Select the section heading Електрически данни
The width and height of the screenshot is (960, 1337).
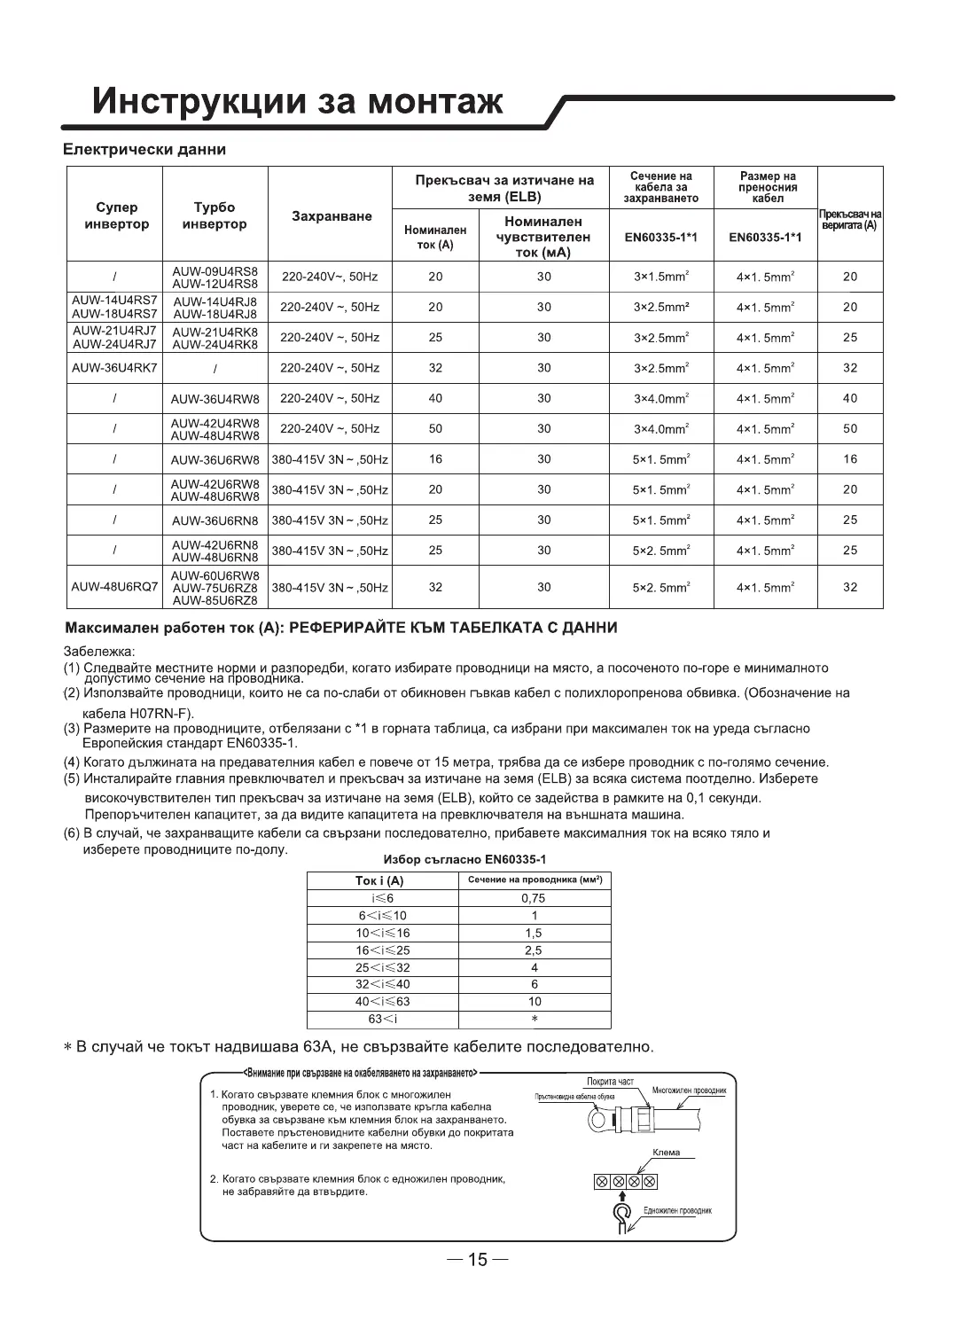(145, 150)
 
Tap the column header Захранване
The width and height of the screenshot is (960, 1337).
(331, 215)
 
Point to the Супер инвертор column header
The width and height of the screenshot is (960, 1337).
(116, 215)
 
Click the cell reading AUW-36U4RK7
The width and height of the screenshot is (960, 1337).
(114, 367)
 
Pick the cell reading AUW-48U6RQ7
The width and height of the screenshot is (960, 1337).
(114, 587)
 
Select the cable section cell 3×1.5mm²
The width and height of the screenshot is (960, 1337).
(661, 277)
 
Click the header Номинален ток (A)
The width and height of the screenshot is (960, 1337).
(435, 237)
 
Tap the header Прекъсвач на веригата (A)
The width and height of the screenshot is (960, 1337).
(849, 220)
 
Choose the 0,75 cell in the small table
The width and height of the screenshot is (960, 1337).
(534, 898)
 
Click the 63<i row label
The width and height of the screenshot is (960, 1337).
(383, 1019)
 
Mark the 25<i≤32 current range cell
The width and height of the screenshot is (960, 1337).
(383, 967)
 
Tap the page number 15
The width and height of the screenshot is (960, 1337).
(478, 1259)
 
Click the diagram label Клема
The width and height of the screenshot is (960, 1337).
(666, 1153)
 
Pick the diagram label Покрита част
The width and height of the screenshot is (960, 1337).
(610, 1081)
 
